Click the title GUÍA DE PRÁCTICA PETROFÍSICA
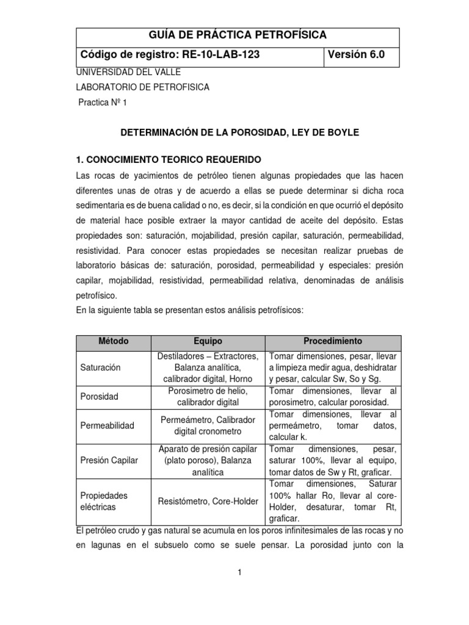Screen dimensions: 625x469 (238, 35)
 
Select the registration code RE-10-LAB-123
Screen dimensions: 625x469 (213, 55)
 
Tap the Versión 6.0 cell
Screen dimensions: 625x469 (357, 55)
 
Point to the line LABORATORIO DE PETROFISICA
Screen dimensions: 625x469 (142, 87)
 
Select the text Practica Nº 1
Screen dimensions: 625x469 (102, 103)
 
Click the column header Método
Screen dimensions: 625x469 (114, 341)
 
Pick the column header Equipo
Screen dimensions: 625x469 (208, 341)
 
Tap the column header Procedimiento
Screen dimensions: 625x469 (333, 341)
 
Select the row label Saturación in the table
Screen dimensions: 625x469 (101, 367)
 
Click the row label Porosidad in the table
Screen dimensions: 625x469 (100, 396)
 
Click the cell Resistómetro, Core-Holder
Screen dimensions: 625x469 (208, 501)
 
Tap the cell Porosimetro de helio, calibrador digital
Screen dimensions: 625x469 (208, 396)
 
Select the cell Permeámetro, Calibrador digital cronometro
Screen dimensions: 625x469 (208, 425)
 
